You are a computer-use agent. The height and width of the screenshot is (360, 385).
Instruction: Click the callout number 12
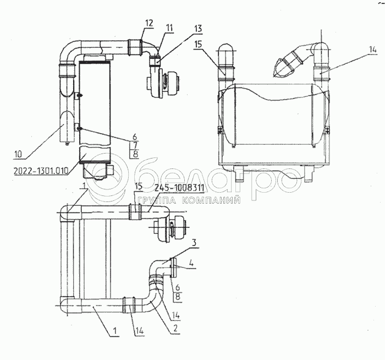click(x=149, y=23)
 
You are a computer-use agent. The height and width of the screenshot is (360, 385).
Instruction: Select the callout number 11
click(x=169, y=28)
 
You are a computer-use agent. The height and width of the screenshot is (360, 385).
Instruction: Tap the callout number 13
click(x=197, y=29)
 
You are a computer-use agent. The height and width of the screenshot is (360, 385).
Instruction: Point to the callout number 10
click(x=18, y=154)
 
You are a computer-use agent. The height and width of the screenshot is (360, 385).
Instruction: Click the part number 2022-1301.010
click(x=41, y=171)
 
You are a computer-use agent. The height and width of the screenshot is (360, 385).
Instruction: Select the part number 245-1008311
click(x=179, y=188)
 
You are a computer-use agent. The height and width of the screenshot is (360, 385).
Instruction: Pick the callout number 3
click(x=194, y=243)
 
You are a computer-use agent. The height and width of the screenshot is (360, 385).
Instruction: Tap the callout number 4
click(x=191, y=264)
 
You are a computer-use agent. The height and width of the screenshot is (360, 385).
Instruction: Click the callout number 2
click(x=175, y=329)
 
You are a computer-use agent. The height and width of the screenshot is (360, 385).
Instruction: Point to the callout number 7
click(x=135, y=145)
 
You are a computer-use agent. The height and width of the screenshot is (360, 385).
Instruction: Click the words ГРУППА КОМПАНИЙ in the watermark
click(x=189, y=201)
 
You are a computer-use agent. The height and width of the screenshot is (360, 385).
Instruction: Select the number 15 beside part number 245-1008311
click(x=139, y=186)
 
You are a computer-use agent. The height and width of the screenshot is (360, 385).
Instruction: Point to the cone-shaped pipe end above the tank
click(x=280, y=67)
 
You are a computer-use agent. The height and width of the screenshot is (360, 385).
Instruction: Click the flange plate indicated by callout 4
click(x=174, y=268)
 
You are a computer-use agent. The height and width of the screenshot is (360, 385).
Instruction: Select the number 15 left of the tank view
click(x=198, y=45)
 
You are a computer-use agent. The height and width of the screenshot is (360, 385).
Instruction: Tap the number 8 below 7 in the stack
click(x=135, y=154)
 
